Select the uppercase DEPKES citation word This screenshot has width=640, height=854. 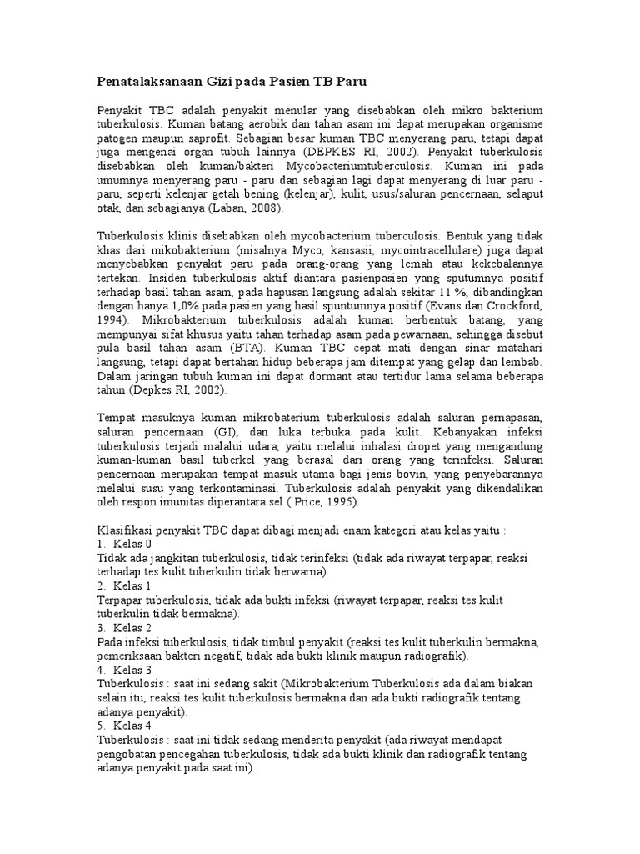(325, 153)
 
